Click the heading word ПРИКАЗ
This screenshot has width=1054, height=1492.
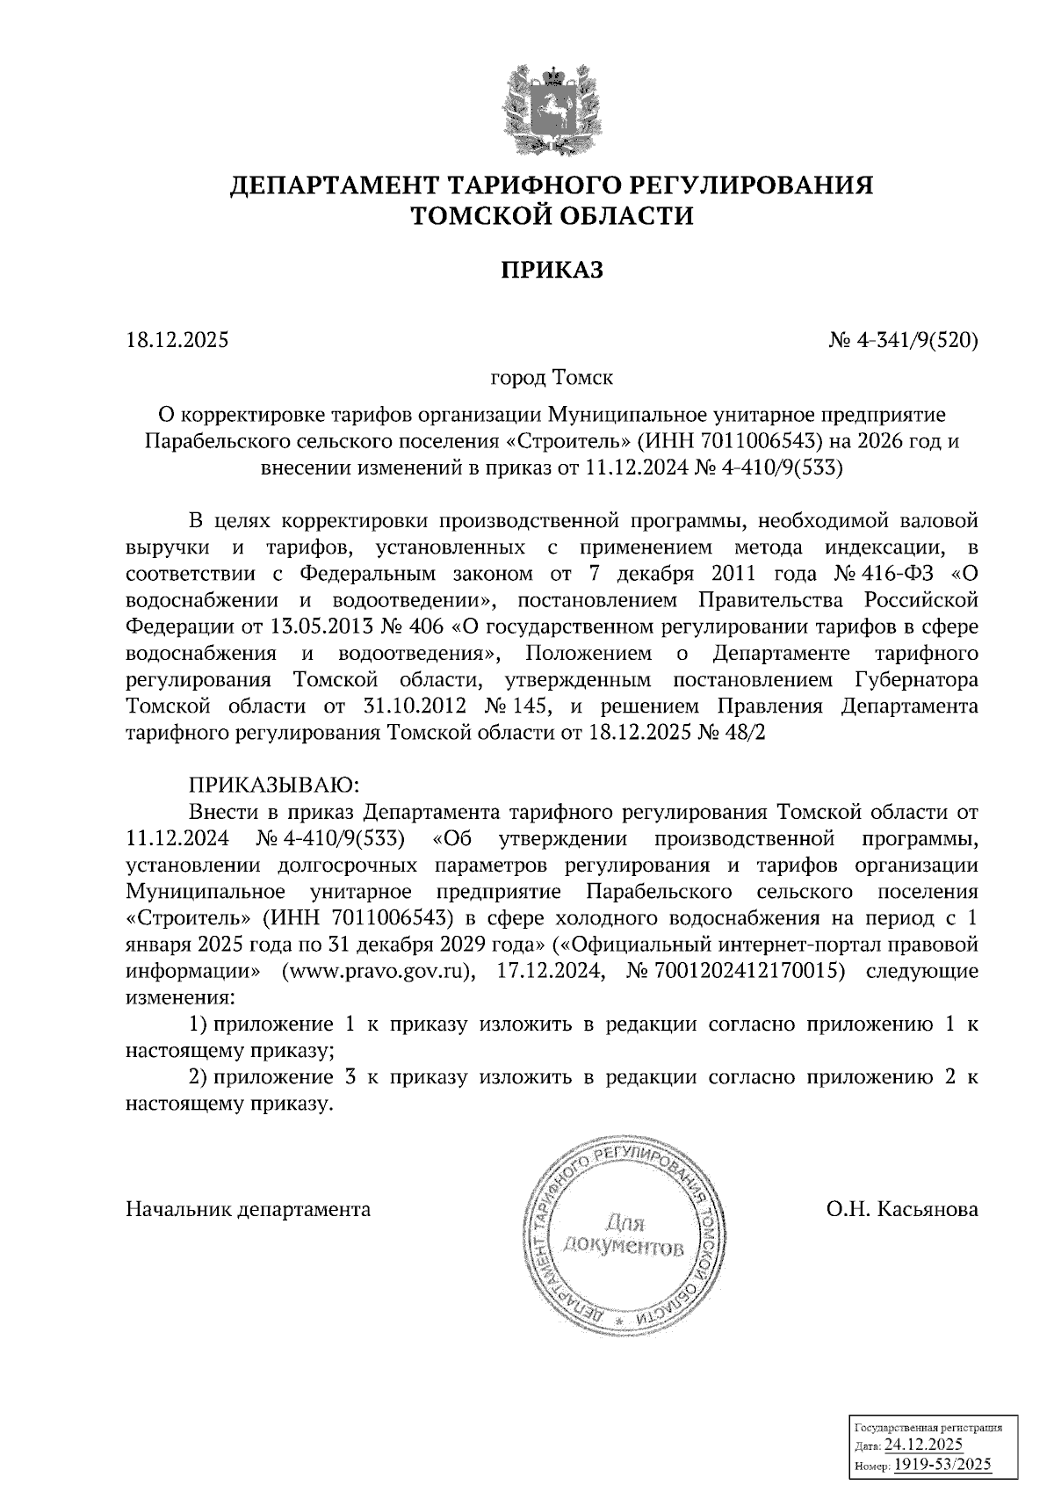point(552,270)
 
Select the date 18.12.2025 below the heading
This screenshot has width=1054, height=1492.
point(177,338)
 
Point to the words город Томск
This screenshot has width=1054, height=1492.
point(552,378)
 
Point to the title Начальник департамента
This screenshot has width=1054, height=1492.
point(249,1209)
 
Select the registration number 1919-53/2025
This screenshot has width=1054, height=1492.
point(942,1463)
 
